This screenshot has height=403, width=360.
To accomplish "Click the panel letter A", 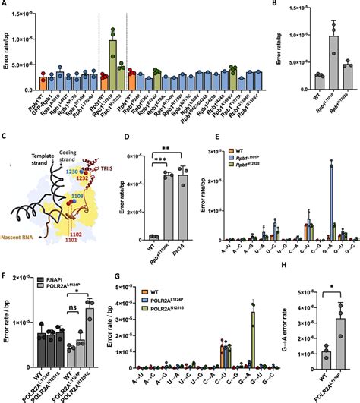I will click(x=5, y=6).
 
